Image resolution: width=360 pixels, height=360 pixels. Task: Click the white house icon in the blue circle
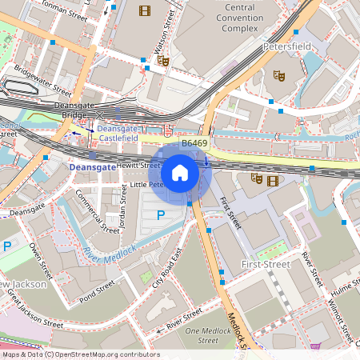(180, 172)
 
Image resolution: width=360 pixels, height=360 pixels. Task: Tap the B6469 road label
(194, 143)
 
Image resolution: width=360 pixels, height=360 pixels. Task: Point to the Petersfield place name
(287, 47)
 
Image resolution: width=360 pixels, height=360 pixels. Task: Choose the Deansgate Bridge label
(74, 110)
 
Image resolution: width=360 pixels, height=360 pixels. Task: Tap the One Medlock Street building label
(202, 336)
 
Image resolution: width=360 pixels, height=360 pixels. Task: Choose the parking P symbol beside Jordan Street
(161, 214)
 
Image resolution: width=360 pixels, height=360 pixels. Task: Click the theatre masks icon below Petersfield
(279, 75)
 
